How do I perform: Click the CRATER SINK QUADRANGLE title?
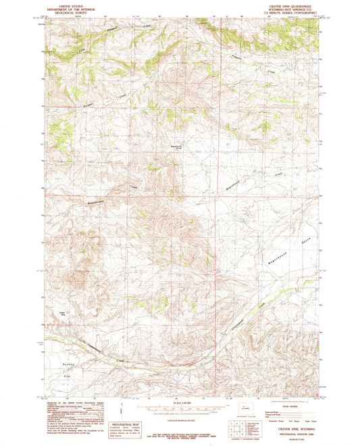(x=290, y=5)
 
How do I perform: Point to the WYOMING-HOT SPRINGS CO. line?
(x=290, y=8)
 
